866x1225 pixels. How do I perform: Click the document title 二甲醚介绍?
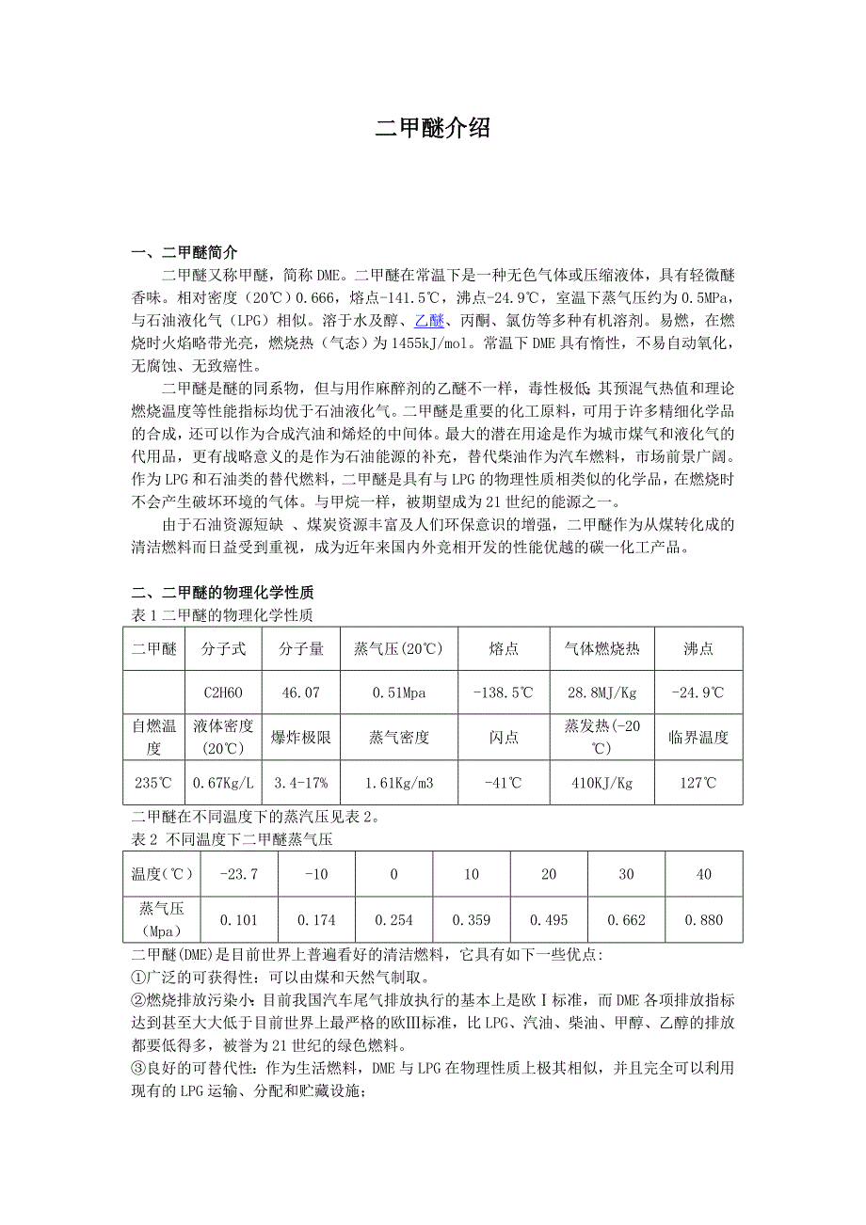[x=433, y=129]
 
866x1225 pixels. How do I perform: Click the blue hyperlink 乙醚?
[x=429, y=322]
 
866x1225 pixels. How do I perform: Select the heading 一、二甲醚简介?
[x=184, y=253]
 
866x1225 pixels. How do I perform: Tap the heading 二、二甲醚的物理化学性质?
[x=222, y=592]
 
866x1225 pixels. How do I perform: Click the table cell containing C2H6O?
[x=223, y=692]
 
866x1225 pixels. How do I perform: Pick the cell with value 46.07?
[x=301, y=692]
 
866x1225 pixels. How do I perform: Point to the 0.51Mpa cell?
[x=399, y=692]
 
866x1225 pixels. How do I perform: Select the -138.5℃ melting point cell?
[x=504, y=692]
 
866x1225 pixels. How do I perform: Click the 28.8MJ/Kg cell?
[x=602, y=692]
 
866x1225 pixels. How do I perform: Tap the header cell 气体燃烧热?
[x=602, y=648]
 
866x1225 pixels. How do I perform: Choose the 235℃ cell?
[x=153, y=782]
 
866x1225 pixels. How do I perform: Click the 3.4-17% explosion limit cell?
[x=301, y=782]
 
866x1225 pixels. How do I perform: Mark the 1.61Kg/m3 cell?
[x=399, y=782]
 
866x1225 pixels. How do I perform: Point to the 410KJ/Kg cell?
[x=602, y=782]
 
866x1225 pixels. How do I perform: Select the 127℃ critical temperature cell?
[x=698, y=782]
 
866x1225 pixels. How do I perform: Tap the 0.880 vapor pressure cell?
[x=703, y=920]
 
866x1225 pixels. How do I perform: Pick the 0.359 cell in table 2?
[x=471, y=920]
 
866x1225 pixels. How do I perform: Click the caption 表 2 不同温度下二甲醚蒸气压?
[x=232, y=840]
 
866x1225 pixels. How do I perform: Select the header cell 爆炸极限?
[x=301, y=738]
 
